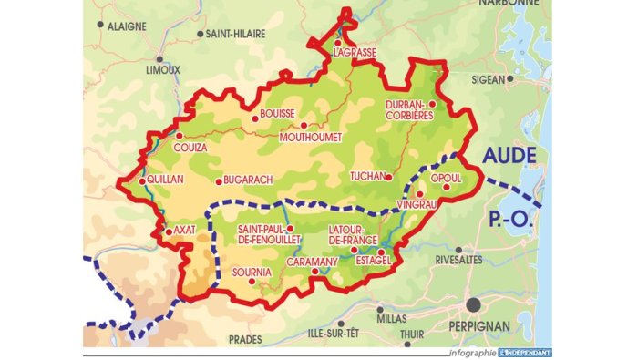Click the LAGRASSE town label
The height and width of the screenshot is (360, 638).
(x=355, y=53)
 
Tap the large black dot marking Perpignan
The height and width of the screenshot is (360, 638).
(x=473, y=303)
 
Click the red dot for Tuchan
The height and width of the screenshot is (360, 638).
(x=389, y=177)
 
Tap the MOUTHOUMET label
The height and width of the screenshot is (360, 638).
(x=311, y=137)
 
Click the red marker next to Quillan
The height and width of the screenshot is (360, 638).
(x=142, y=180)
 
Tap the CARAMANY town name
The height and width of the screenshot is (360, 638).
(x=313, y=262)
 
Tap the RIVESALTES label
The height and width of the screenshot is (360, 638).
(x=460, y=260)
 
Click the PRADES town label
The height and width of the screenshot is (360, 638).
(x=245, y=339)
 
